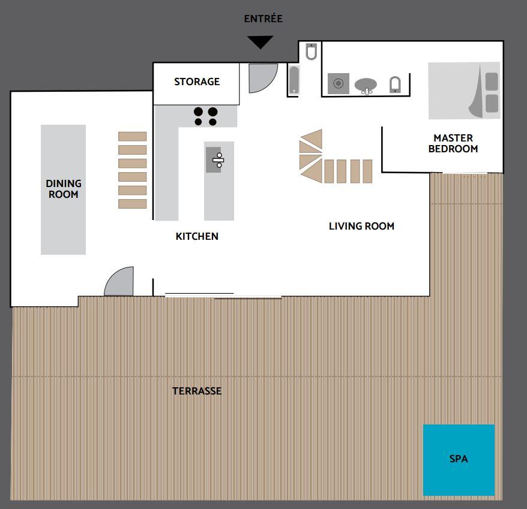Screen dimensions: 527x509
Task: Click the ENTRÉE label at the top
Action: tap(263, 19)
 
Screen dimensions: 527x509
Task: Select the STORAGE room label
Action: tap(197, 82)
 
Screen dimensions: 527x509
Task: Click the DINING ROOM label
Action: tap(64, 189)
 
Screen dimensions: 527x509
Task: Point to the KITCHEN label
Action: tap(197, 236)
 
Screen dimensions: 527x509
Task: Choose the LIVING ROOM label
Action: tap(362, 226)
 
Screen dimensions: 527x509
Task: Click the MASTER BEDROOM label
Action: tap(453, 143)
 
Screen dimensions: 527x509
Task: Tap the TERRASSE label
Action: tap(197, 391)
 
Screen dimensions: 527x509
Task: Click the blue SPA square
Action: tap(459, 460)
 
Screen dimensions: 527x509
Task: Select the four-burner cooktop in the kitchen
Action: tap(205, 116)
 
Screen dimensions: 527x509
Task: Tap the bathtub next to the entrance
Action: tap(294, 80)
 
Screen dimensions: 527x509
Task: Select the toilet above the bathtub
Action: tap(312, 52)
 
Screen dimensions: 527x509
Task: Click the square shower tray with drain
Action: tap(339, 83)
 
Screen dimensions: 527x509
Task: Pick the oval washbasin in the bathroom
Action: tap(366, 85)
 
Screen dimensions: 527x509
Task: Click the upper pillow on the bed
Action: tap(492, 82)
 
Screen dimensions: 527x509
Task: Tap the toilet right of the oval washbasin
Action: tap(395, 85)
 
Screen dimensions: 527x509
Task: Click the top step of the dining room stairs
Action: tap(133, 136)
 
